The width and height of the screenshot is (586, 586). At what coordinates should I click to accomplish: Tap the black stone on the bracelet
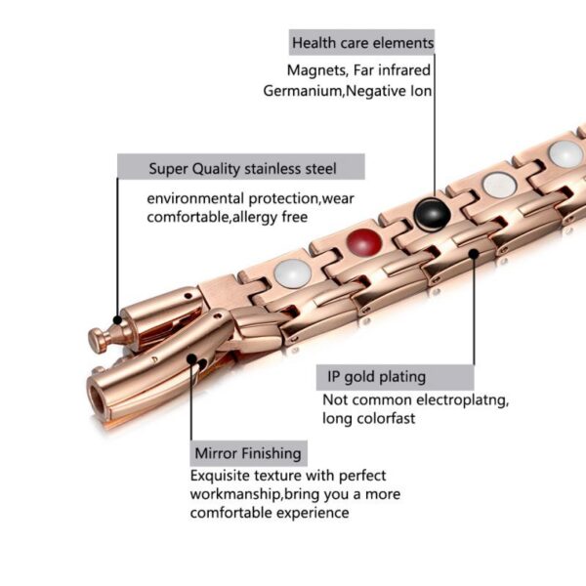coord(432,214)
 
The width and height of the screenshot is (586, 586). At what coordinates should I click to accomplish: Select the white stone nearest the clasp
coord(292,273)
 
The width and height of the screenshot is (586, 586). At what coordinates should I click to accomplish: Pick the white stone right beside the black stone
coord(499,185)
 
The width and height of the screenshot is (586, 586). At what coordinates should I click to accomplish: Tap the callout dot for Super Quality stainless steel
coord(117,320)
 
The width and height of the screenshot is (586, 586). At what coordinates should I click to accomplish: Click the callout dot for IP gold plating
coord(474,254)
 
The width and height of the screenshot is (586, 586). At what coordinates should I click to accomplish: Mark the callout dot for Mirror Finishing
coord(191,359)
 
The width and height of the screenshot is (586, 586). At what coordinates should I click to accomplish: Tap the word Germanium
coord(303,91)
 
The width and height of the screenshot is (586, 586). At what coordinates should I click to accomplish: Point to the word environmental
coord(195,198)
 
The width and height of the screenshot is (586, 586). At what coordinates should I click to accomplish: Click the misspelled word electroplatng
coord(462,400)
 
